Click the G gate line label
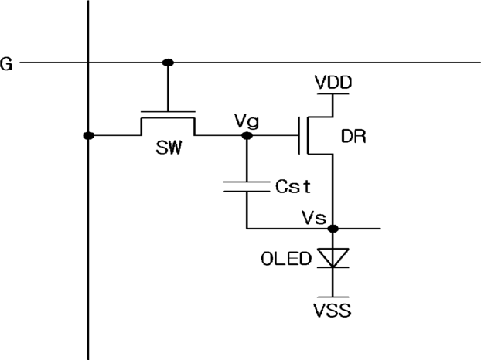[x=6, y=63]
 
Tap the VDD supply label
[x=333, y=82]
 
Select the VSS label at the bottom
[x=333, y=310]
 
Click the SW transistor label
[x=169, y=148]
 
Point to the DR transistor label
[x=353, y=136]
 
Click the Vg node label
[x=247, y=121]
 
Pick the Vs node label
[x=314, y=218]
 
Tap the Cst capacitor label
[x=293, y=186]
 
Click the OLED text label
[x=286, y=259]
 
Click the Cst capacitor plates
[x=247, y=187]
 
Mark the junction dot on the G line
[x=168, y=63]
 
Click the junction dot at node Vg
[x=247, y=135]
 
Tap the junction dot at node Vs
[x=333, y=228]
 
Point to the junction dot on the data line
[x=89, y=135]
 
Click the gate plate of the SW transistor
[x=168, y=112]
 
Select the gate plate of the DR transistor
[x=299, y=135]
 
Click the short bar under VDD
[x=333, y=93]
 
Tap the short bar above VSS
[x=333, y=297]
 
